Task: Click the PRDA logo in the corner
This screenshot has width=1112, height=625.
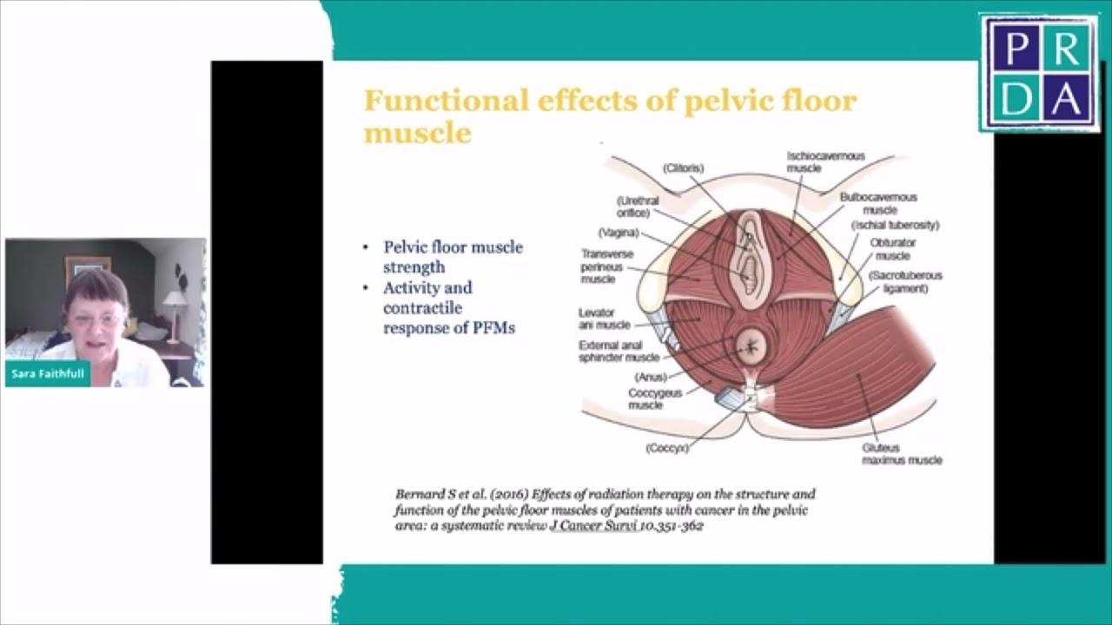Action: click(x=1039, y=73)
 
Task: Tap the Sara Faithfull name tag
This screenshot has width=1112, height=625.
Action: click(x=48, y=374)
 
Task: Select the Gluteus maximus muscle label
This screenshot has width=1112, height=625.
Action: click(x=902, y=454)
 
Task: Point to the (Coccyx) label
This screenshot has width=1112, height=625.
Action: click(x=667, y=448)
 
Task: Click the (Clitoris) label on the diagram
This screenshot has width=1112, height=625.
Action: click(x=683, y=168)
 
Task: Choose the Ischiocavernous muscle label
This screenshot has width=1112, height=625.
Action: click(x=825, y=161)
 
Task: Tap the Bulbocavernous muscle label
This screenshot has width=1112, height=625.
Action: click(x=878, y=203)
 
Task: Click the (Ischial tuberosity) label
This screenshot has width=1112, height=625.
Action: click(x=895, y=226)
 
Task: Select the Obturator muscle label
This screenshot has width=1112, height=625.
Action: click(x=892, y=249)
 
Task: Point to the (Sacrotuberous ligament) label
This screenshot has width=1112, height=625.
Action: click(x=904, y=282)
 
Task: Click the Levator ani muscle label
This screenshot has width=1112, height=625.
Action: click(x=605, y=319)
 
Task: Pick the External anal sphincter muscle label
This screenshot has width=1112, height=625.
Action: click(x=619, y=351)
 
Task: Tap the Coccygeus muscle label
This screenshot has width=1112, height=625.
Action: click(x=656, y=398)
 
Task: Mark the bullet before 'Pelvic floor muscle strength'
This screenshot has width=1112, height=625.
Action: click(x=366, y=248)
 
